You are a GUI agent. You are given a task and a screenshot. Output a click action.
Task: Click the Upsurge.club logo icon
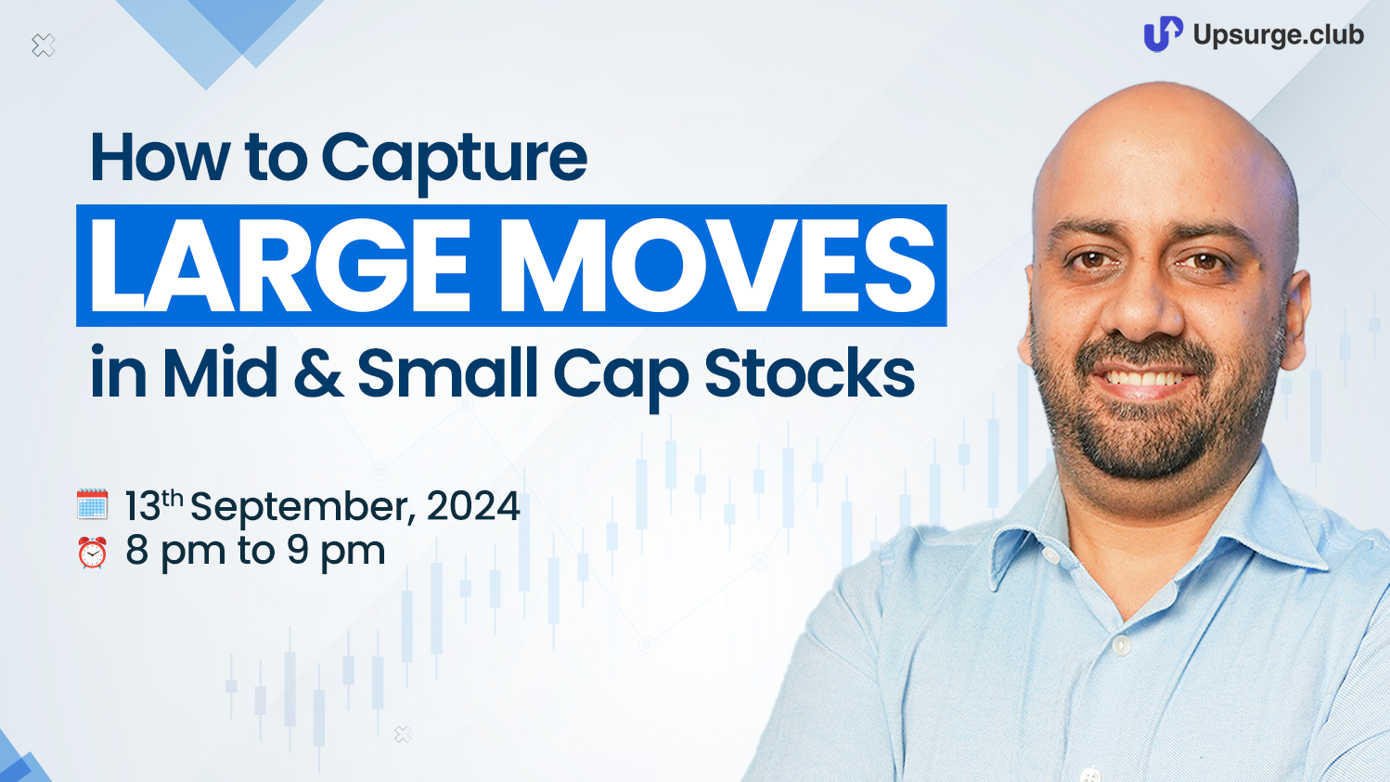[x=1163, y=33]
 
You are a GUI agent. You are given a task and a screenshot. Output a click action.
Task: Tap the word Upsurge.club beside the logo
[x=1278, y=34]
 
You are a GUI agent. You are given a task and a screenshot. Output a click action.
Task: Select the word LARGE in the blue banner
[x=278, y=265]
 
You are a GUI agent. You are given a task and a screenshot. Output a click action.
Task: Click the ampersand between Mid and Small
[x=317, y=372]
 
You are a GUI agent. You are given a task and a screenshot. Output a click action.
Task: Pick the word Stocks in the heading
[x=809, y=371]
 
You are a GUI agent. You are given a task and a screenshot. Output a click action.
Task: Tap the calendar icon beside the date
[x=92, y=503]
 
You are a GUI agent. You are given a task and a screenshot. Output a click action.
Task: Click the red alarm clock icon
[x=92, y=553]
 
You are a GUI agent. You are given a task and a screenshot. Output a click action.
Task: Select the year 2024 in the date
[x=473, y=505]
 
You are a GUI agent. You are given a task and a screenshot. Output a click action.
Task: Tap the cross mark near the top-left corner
[x=43, y=46]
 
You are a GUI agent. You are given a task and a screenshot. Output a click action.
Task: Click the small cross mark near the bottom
[x=403, y=735]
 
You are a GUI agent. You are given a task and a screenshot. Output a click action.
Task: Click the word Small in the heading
[x=447, y=371]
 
